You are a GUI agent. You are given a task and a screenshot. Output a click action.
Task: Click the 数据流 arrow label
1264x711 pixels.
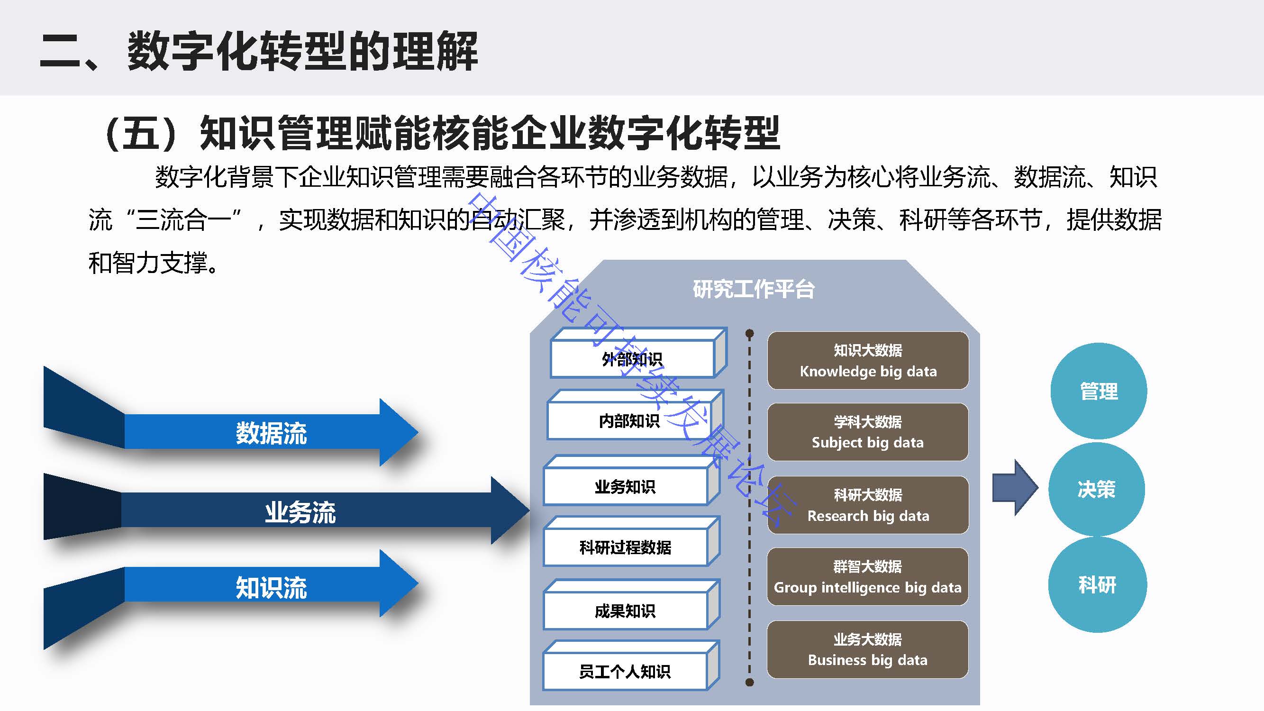click(272, 433)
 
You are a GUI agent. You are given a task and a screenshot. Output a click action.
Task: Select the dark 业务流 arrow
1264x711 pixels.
click(300, 512)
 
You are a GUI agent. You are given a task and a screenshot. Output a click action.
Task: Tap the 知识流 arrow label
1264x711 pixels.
click(272, 587)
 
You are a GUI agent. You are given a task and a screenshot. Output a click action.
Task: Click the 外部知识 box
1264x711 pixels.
click(632, 359)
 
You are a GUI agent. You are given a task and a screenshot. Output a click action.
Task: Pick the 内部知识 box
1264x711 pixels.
click(629, 420)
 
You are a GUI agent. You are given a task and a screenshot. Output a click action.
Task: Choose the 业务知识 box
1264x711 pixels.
click(625, 486)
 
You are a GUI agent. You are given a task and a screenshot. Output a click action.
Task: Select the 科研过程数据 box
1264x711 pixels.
click(625, 547)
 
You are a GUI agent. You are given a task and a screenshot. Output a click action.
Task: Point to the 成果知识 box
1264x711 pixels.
click(625, 611)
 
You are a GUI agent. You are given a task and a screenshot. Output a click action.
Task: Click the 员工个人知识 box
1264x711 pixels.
click(625, 671)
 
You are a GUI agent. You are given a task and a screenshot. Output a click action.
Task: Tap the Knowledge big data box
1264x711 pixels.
click(868, 361)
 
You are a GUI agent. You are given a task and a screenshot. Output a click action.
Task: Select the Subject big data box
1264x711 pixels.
click(867, 432)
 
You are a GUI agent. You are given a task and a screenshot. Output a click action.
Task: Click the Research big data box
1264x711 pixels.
click(868, 505)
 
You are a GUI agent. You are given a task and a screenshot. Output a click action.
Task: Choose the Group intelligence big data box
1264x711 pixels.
click(867, 576)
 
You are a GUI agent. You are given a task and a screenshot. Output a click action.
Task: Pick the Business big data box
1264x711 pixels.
click(867, 649)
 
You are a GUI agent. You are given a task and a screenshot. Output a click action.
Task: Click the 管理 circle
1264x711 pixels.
click(1099, 391)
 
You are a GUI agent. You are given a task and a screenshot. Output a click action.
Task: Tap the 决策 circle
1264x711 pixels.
click(1097, 489)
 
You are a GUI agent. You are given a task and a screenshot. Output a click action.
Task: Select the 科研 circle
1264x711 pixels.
click(1098, 584)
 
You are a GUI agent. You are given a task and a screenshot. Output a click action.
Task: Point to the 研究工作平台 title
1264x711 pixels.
click(754, 289)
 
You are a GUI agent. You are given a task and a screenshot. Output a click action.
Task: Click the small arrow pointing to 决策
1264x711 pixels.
click(1014, 488)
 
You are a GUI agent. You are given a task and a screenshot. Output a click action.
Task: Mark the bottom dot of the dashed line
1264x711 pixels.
click(749, 682)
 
